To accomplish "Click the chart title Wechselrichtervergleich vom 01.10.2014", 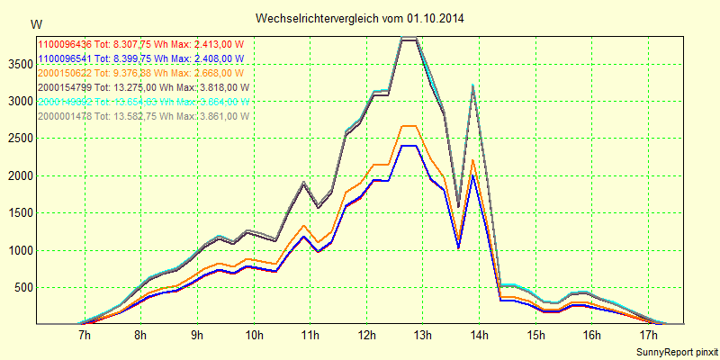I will click(x=359, y=18).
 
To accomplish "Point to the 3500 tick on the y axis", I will click(x=17, y=64).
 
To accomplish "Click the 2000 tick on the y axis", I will click(x=17, y=175).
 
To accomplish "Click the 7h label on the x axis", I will click(x=85, y=336).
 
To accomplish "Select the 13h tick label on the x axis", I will click(x=422, y=336).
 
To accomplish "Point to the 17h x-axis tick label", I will click(x=647, y=336).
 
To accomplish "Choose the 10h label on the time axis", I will click(x=254, y=336).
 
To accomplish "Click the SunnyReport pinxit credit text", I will click(x=675, y=350).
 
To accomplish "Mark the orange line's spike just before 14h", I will click(x=472, y=160).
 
